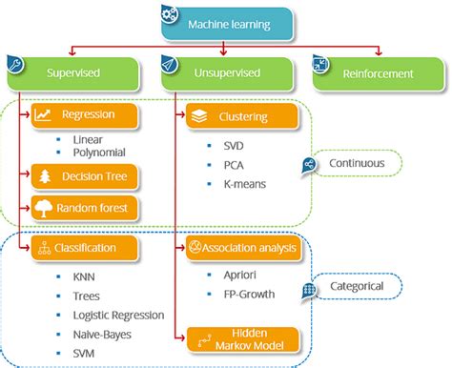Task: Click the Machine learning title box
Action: point(226,24)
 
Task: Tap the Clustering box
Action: point(243,118)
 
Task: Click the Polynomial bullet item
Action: point(98,152)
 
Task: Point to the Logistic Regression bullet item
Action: point(118,315)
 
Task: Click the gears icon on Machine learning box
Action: point(168,13)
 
